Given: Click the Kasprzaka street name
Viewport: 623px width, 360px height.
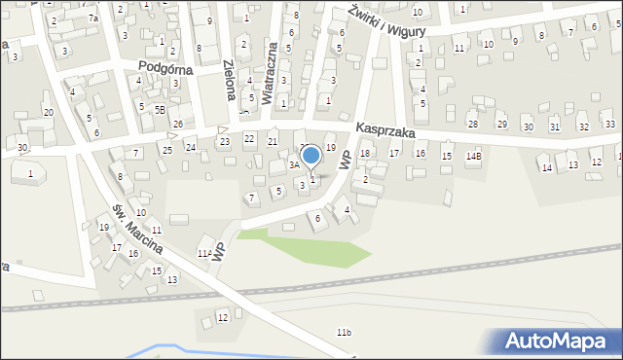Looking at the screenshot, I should click(385, 128).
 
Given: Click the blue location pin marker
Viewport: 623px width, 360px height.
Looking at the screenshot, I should click(311, 156).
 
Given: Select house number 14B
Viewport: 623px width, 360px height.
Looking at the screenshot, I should click(474, 156).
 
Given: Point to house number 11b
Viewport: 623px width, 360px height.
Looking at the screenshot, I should click(344, 333).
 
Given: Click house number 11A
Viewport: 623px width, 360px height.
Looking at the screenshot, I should click(204, 254).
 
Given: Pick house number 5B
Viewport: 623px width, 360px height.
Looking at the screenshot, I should click(160, 109).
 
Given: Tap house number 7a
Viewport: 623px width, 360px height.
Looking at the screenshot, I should click(93, 18).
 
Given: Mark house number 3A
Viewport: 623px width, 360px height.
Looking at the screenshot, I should click(292, 165).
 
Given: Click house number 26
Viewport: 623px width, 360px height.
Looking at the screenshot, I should click(177, 124).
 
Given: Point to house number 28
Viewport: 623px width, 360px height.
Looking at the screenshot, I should click(472, 125).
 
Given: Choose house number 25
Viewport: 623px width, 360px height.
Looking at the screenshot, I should click(167, 150).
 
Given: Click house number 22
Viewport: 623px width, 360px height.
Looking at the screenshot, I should click(249, 139).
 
